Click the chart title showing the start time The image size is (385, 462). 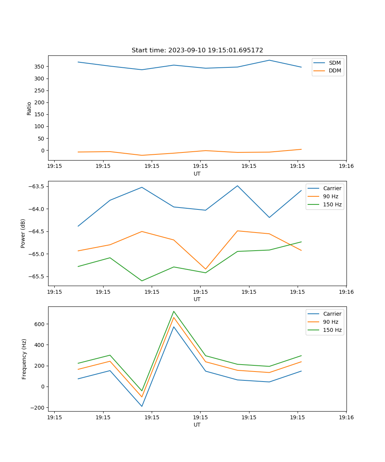click(x=197, y=50)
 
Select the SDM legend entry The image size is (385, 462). click(x=335, y=63)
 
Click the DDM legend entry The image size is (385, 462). click(x=335, y=70)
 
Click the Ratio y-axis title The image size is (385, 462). click(x=29, y=108)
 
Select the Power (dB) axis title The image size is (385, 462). click(x=23, y=233)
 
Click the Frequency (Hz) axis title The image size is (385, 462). click(x=24, y=359)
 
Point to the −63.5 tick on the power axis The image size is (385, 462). click(x=36, y=186)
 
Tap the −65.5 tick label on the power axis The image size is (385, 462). click(x=36, y=276)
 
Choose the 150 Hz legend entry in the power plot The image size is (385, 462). click(x=332, y=204)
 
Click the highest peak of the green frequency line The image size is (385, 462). click(x=174, y=311)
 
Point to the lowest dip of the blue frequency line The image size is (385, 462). click(x=142, y=406)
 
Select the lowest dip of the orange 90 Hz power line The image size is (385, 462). click(x=206, y=269)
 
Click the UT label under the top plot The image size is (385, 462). click(x=197, y=174)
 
